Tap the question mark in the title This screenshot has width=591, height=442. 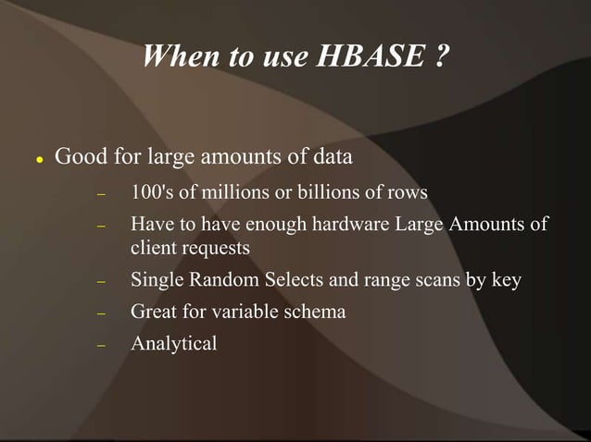[440, 58]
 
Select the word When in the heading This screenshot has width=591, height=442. [181, 58]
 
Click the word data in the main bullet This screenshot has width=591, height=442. [332, 156]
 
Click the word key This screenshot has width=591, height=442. [506, 280]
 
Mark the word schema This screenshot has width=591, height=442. [312, 312]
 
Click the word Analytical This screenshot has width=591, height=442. [174, 344]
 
